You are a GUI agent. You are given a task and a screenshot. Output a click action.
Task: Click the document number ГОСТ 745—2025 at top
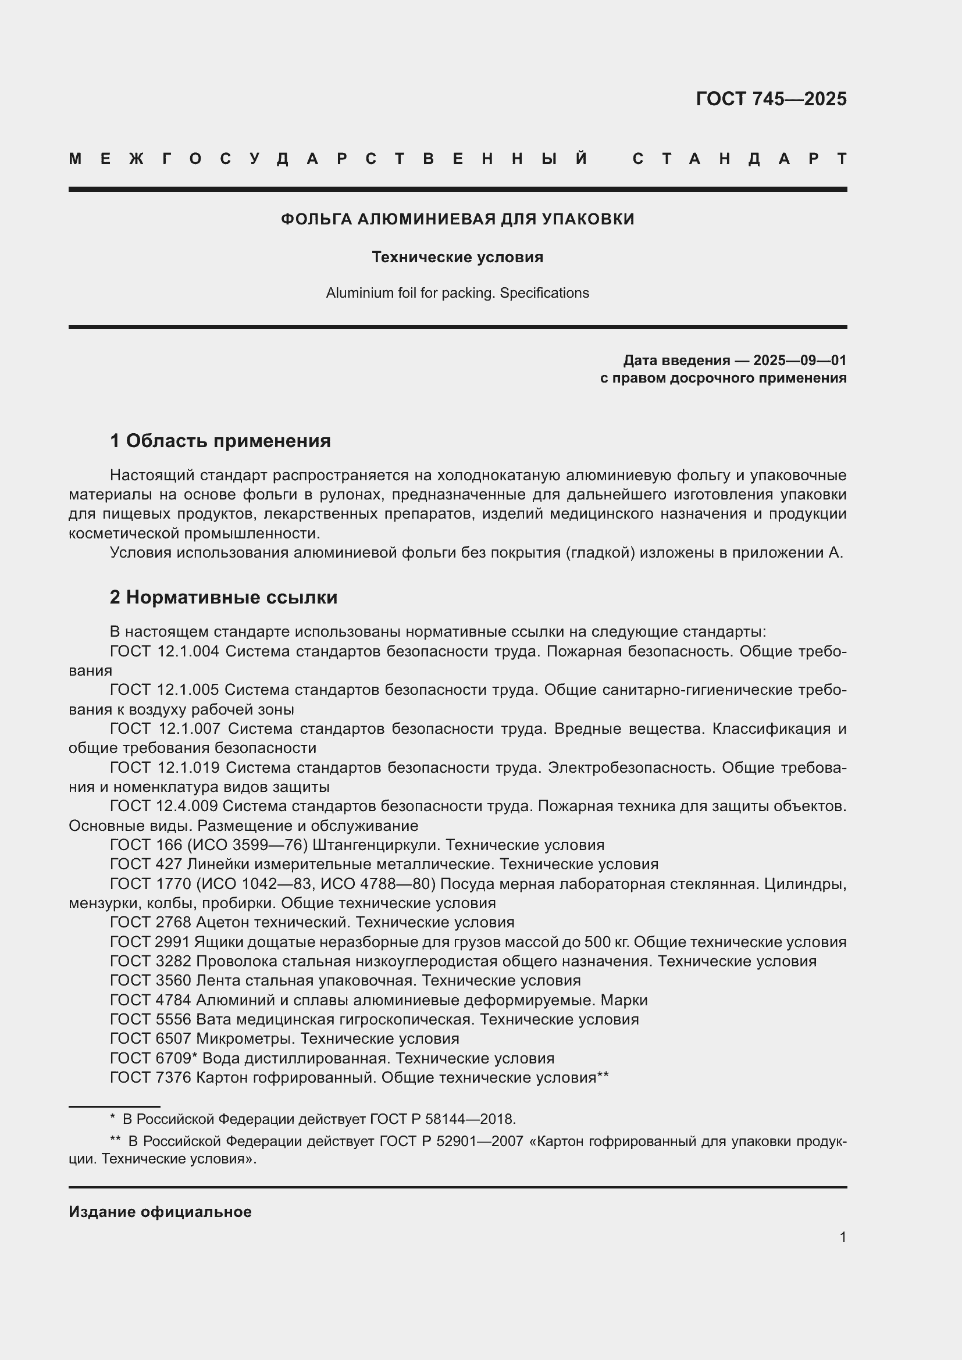pyautogui.click(x=771, y=98)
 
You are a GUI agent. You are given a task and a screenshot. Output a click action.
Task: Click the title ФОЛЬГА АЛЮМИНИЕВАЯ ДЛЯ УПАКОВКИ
pyautogui.click(x=457, y=219)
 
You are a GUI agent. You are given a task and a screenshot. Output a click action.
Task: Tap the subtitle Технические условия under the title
pyautogui.click(x=457, y=257)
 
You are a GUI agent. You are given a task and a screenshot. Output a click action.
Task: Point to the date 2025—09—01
pyautogui.click(x=799, y=360)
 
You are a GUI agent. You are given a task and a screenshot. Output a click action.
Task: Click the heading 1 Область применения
pyautogui.click(x=220, y=441)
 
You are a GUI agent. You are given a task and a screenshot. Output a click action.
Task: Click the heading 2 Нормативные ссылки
pyautogui.click(x=223, y=597)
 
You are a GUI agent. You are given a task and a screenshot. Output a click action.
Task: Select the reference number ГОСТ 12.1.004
pyautogui.click(x=165, y=651)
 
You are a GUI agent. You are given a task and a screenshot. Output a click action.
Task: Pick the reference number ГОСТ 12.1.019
pyautogui.click(x=165, y=767)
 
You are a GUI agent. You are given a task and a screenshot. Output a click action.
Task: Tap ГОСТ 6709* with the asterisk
pyautogui.click(x=153, y=1058)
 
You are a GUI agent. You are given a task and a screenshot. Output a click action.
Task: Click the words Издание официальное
pyautogui.click(x=160, y=1212)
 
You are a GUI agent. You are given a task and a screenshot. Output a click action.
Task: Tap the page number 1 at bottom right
pyautogui.click(x=842, y=1237)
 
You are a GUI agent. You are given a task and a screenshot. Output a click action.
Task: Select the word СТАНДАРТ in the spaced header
pyautogui.click(x=739, y=159)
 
